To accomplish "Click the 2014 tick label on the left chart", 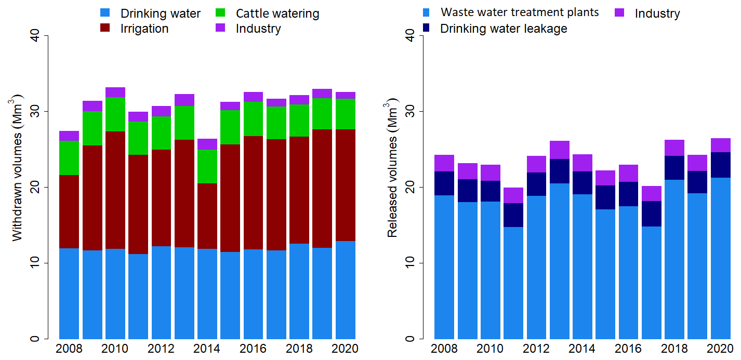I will tap(207, 349).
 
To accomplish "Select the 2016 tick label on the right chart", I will tap(628, 349).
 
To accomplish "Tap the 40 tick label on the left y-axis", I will tap(34, 35).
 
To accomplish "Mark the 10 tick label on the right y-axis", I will tap(409, 263).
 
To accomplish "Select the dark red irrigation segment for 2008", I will tap(69, 211).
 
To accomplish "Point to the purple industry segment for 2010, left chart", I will tap(115, 92).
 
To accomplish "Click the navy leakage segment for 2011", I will tap(513, 215).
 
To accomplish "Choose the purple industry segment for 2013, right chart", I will tap(559, 150).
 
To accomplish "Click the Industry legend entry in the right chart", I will tap(657, 14).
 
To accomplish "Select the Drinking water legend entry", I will tap(160, 14).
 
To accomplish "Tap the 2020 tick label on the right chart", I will tap(720, 349).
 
